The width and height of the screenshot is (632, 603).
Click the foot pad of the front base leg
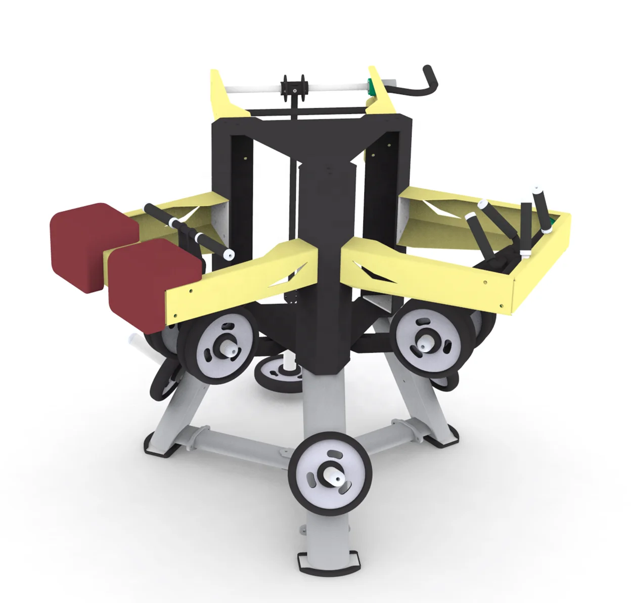coord(329,563)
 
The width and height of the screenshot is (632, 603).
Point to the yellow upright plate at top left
coord(222,94)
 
